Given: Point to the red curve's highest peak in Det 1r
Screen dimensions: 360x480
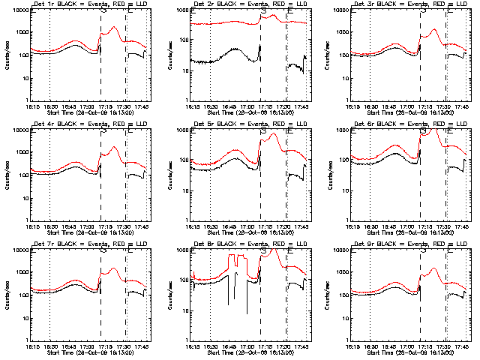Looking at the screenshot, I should [113, 28].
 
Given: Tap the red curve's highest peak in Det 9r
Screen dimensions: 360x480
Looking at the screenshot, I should [434, 268].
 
